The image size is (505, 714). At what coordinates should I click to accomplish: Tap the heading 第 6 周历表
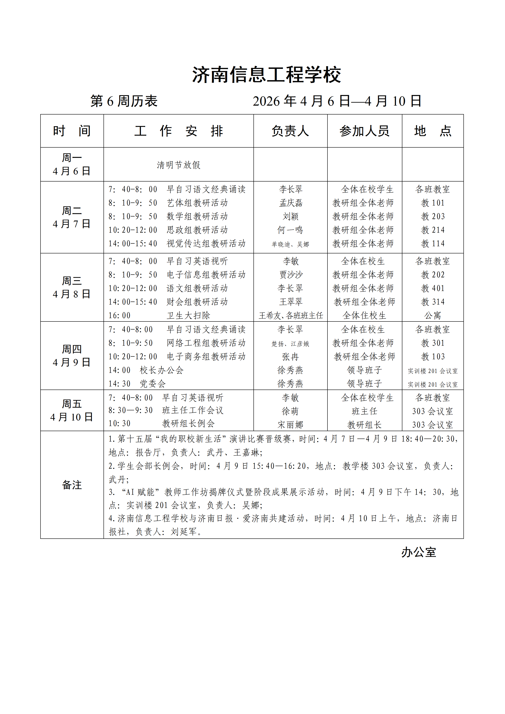(124, 101)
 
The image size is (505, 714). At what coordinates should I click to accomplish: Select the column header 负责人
(290, 131)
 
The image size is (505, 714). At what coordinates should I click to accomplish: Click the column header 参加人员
(364, 131)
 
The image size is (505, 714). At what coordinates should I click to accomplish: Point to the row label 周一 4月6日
(72, 164)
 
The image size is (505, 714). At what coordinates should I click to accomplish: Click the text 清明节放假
(179, 165)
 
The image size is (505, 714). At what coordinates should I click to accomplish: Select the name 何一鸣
(290, 230)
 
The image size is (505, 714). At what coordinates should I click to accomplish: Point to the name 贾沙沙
(290, 275)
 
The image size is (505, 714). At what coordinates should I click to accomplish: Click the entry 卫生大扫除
(188, 315)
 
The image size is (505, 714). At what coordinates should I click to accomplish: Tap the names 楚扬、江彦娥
(290, 344)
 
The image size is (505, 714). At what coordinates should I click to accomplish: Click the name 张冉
(290, 356)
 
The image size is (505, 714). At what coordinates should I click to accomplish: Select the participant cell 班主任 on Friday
(364, 411)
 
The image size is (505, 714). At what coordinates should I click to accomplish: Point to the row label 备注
(72, 485)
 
